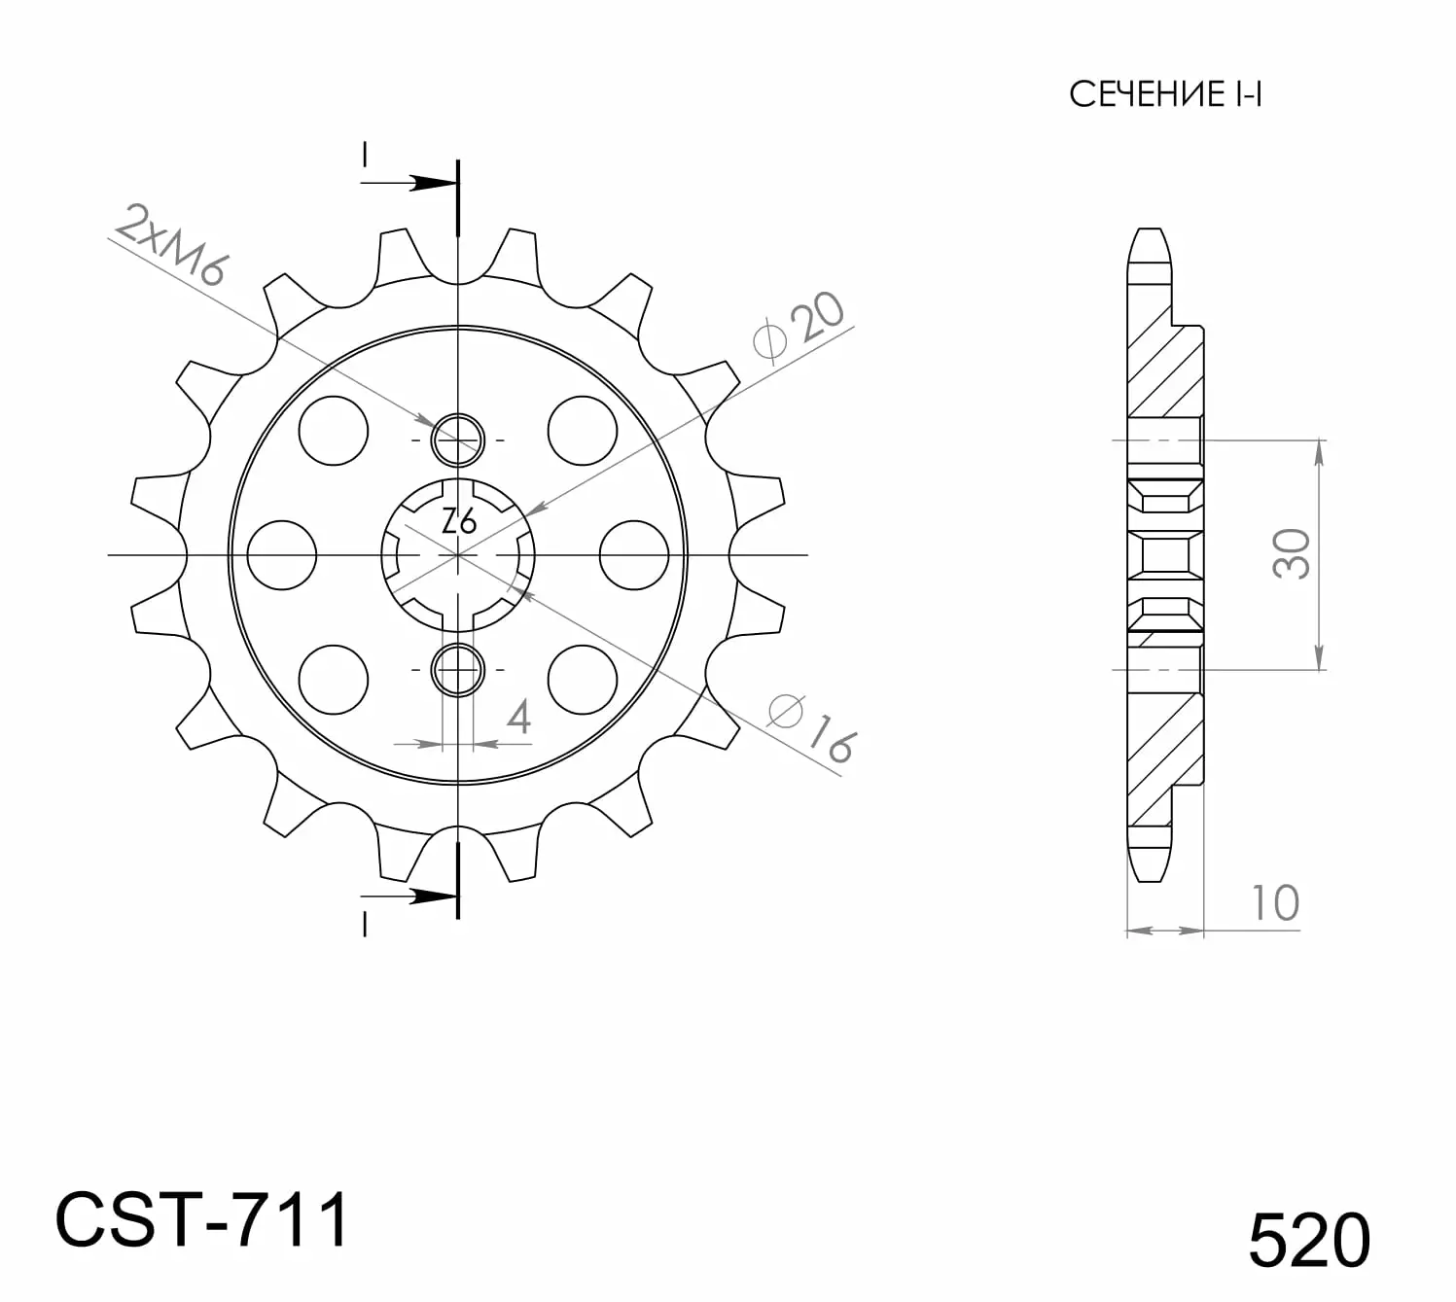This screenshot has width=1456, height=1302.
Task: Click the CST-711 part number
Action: coord(202,1220)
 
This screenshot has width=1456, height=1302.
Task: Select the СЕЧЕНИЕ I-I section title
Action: coord(1165,94)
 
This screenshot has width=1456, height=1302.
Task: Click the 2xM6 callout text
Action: coord(171,244)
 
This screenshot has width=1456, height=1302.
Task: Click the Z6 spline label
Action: coord(459,520)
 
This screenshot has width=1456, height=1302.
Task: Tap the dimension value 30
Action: coord(1292,554)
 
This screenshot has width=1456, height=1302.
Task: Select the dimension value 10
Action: coord(1276,903)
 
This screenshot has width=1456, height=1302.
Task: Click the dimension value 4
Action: coord(518,717)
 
